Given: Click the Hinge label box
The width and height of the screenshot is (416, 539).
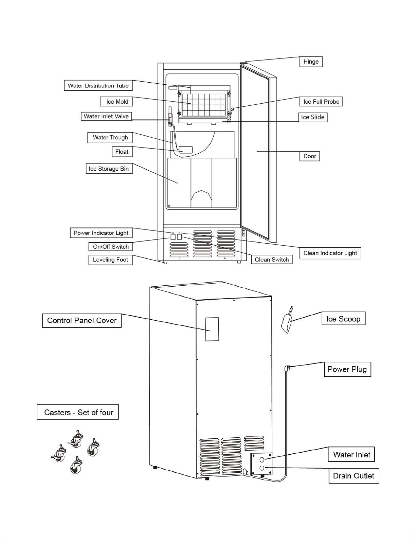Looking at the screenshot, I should coord(311,62).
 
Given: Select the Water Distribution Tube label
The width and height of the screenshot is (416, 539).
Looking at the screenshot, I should coord(98,86).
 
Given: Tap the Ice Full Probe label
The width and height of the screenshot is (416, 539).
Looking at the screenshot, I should coord(321,102).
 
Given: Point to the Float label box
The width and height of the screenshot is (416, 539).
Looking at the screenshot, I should coord(122,152).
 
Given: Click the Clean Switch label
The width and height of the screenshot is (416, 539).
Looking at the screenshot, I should coord(272,259).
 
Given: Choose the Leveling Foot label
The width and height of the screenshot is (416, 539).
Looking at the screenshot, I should coord(110,260).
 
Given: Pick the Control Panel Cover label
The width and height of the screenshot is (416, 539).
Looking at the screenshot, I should coord(82,321).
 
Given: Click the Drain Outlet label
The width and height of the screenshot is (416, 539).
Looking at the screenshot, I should coord(354,476).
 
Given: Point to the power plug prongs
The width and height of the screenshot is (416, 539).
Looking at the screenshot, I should coord(288,368).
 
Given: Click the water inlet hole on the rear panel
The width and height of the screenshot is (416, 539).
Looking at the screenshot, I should coord(262,459).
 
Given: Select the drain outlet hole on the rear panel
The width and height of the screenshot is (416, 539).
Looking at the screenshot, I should coord(262,468).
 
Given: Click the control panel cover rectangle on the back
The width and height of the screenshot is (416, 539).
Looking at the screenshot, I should coord(212,329).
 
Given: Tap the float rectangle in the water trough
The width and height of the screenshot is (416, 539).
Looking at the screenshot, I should coord(186,150).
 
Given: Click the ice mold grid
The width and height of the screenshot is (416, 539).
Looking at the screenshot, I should coord(204,104).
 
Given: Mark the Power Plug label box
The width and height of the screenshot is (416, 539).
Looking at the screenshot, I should coord(347,369).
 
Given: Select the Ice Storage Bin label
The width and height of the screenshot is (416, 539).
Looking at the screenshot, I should coord(109,169).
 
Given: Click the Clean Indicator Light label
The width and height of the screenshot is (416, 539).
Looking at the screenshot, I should coord(330,253).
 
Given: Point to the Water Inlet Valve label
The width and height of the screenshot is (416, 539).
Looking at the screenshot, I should coord(106,116).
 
